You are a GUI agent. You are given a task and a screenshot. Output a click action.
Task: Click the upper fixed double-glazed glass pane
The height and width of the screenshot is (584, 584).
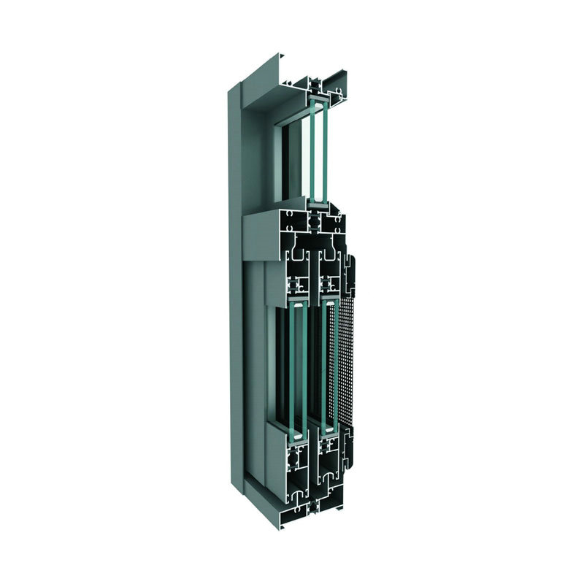coord(316,153)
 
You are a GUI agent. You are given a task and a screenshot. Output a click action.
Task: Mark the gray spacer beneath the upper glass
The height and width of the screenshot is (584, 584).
coord(316,205)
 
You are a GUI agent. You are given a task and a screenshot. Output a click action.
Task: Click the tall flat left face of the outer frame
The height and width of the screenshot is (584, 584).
coord(235,292)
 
